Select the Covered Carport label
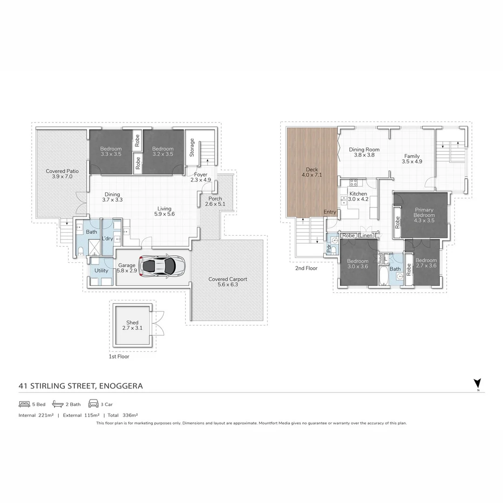(228, 281)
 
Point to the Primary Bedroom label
(424, 215)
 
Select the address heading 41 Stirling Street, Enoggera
(81, 386)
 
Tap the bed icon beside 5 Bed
(24, 404)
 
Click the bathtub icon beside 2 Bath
(58, 404)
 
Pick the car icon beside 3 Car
(93, 404)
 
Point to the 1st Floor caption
(119, 356)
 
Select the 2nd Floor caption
(306, 268)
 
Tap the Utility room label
(101, 271)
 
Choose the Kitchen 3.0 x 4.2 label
(358, 196)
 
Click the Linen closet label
(367, 236)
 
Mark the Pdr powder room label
(328, 249)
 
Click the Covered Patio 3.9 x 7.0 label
(62, 174)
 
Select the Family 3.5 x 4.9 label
(412, 159)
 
